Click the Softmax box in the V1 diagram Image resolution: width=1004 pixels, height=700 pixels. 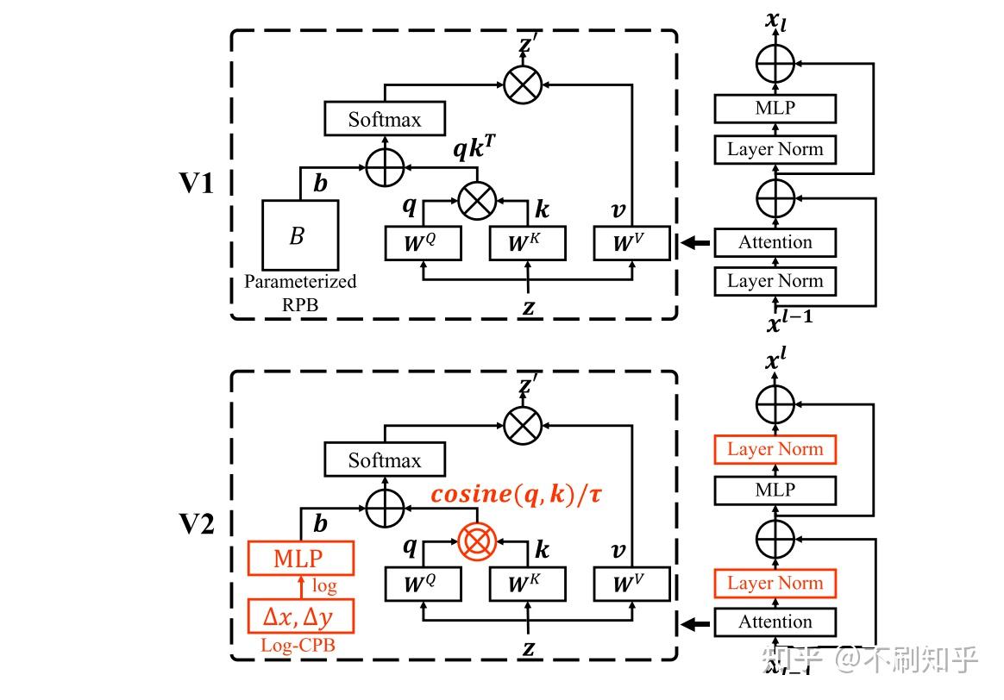(x=385, y=119)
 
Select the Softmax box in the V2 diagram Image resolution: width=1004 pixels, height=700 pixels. (x=385, y=460)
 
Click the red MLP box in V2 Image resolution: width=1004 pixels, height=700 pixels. (x=300, y=558)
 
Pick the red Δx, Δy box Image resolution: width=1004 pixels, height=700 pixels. (x=300, y=617)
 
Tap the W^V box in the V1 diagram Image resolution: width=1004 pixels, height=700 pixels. (x=631, y=244)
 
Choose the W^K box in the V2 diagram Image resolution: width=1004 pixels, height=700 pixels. (x=527, y=585)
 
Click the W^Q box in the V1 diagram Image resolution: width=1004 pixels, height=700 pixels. (x=423, y=244)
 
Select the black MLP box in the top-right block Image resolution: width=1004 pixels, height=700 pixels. (x=775, y=109)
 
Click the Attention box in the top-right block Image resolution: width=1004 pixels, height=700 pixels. (x=775, y=242)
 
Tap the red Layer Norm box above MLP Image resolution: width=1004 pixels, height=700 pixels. (x=775, y=449)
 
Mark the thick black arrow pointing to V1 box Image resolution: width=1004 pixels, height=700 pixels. (x=695, y=245)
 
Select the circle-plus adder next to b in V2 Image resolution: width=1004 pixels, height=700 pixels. (x=385, y=507)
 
